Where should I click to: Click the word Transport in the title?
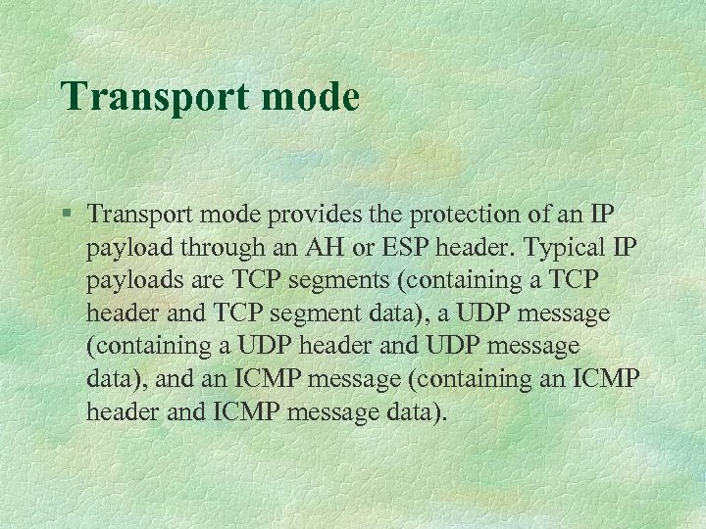click(x=148, y=97)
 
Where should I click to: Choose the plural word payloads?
click(x=135, y=280)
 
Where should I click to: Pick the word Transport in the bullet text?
click(x=134, y=214)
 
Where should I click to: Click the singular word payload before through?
click(x=127, y=247)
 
